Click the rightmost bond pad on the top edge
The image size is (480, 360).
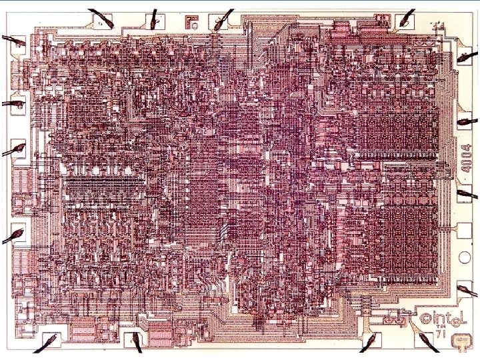tap(403, 23)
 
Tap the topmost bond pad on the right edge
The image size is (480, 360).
tap(462, 57)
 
